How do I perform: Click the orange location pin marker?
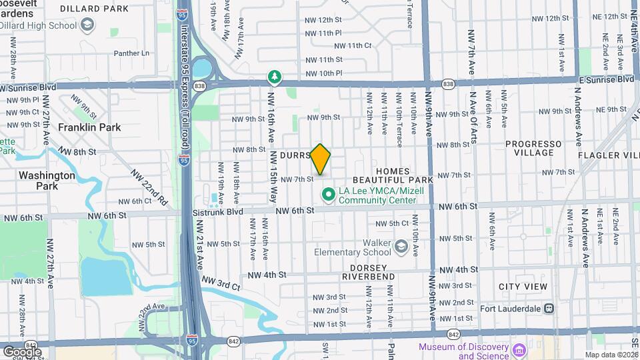[x=321, y=159]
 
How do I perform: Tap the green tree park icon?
[x=273, y=77]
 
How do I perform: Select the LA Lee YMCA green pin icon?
[x=328, y=195]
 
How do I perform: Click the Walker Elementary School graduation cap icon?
[x=401, y=247]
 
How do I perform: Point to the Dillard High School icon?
[x=86, y=25]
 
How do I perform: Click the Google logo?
[x=22, y=351]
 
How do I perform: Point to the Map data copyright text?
[x=611, y=355]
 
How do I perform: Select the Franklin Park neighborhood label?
[x=89, y=127]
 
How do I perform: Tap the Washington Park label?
[x=47, y=181]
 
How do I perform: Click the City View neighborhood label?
[x=523, y=287]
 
